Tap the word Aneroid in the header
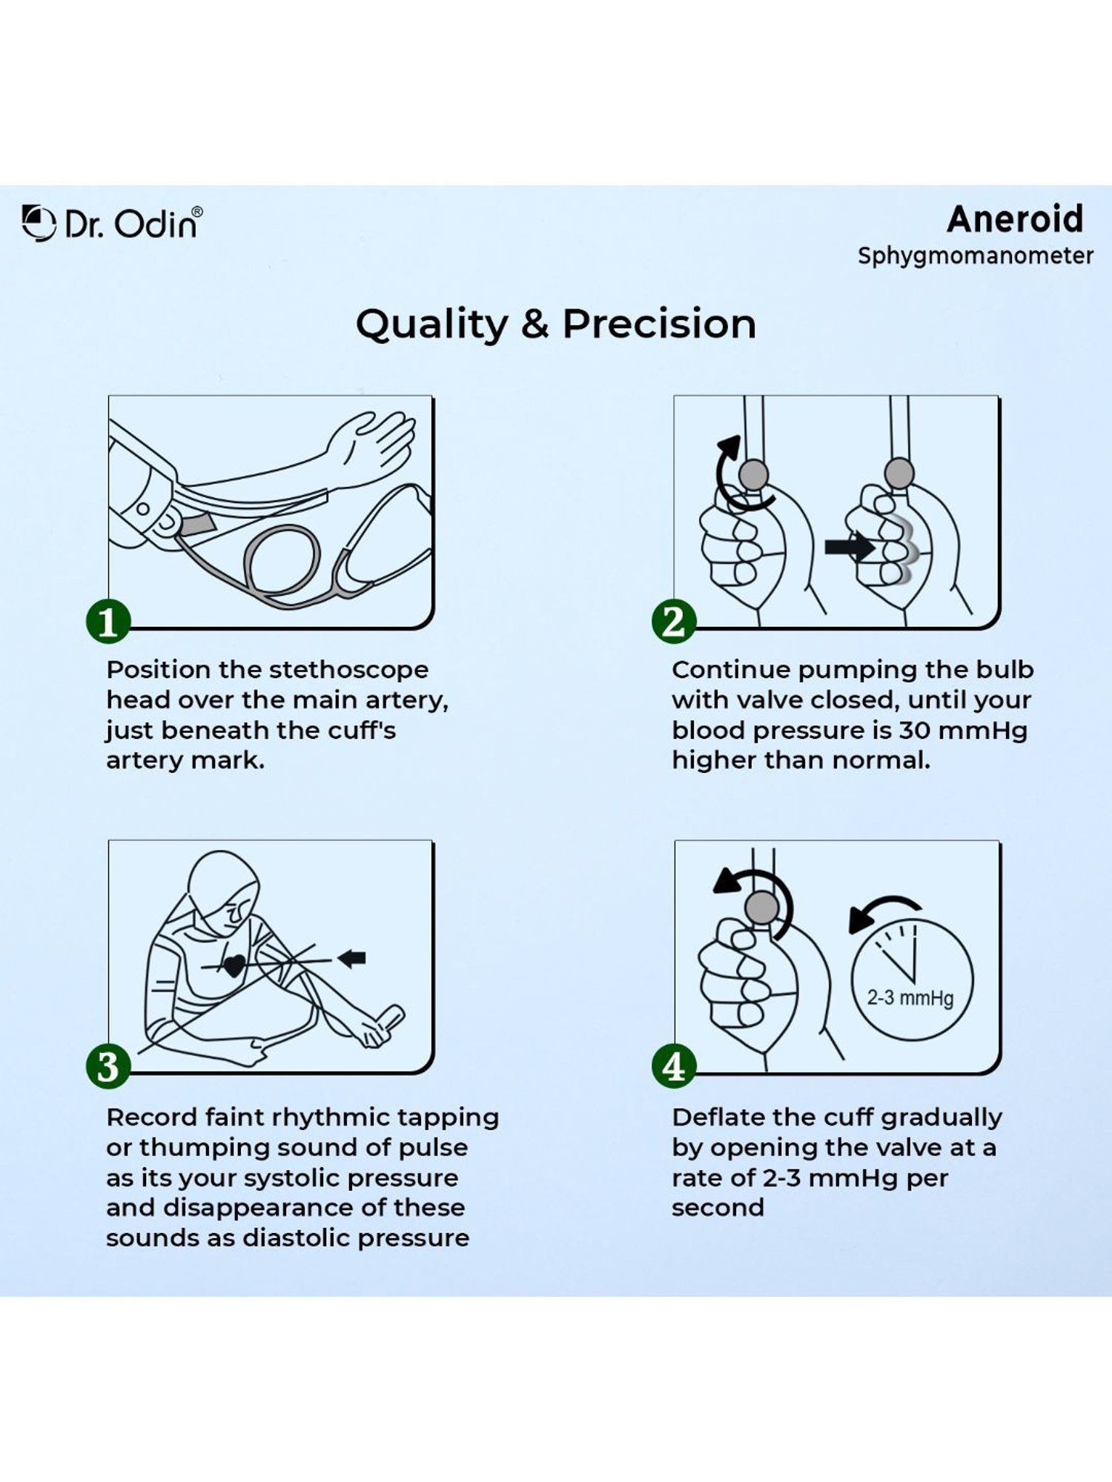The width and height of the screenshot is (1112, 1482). click(x=1015, y=219)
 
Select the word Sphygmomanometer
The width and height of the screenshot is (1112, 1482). click(x=975, y=256)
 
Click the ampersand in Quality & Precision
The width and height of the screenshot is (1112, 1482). click(x=535, y=325)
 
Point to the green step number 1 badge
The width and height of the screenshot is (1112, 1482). click(x=108, y=622)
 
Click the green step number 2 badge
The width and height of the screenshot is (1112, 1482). click(x=674, y=622)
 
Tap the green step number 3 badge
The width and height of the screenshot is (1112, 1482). click(x=108, y=1066)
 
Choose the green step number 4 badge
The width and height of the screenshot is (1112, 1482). click(x=674, y=1066)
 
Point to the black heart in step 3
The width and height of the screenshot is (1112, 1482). click(x=234, y=966)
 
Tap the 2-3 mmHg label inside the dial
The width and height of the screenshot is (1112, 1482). click(x=910, y=997)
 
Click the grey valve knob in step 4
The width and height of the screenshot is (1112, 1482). click(x=761, y=906)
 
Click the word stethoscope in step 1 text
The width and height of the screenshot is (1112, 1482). click(x=348, y=670)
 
